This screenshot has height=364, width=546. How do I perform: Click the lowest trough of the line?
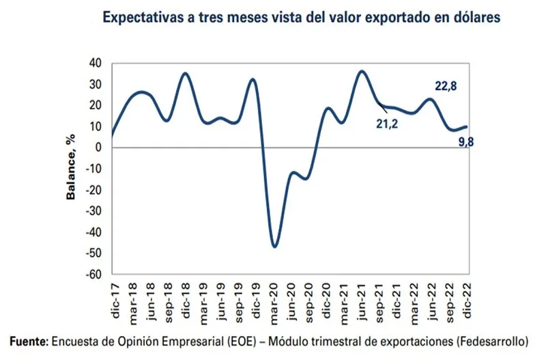pyautogui.click(x=274, y=247)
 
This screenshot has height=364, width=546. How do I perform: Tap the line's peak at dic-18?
pyautogui.click(x=185, y=73)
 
